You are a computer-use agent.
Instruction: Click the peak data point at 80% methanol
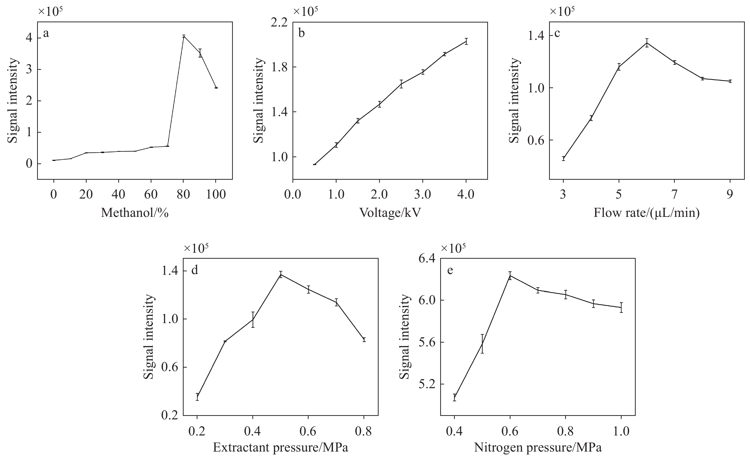point(184,36)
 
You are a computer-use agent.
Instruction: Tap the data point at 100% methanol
point(216,88)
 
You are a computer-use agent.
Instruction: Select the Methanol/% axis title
point(135,213)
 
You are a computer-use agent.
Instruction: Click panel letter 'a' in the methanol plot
point(46,33)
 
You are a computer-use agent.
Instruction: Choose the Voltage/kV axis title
point(390,213)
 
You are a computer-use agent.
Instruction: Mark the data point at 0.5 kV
point(315,164)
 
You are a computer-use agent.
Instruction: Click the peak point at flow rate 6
point(647,43)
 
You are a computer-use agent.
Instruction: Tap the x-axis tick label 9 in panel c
point(730,194)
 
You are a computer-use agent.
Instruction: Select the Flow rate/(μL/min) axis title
point(647,213)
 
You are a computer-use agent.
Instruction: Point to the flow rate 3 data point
point(563,158)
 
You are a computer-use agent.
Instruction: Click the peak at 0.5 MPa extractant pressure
point(281,275)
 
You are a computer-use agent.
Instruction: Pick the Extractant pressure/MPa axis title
point(280,448)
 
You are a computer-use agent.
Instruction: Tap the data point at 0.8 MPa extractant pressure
point(364,340)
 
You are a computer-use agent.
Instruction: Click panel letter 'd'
point(194,270)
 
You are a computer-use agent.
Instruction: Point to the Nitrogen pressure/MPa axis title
point(538,448)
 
